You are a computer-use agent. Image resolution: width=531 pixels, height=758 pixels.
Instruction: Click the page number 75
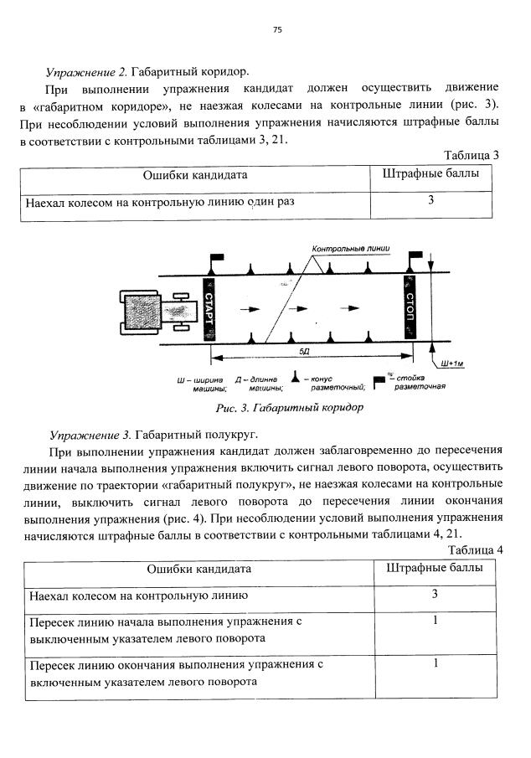coord(277,30)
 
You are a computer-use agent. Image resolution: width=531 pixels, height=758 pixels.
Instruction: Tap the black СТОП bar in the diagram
coord(410,306)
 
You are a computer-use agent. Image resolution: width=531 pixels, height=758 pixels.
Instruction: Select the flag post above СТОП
coord(411,260)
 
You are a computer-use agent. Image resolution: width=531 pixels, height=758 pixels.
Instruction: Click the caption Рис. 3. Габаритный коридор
coord(291,408)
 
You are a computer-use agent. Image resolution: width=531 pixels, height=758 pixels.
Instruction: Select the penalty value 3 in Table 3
coord(430,201)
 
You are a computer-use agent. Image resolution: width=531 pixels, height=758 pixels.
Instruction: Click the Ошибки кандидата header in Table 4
coord(199,569)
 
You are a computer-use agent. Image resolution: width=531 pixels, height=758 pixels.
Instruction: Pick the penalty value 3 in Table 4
coord(436,595)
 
